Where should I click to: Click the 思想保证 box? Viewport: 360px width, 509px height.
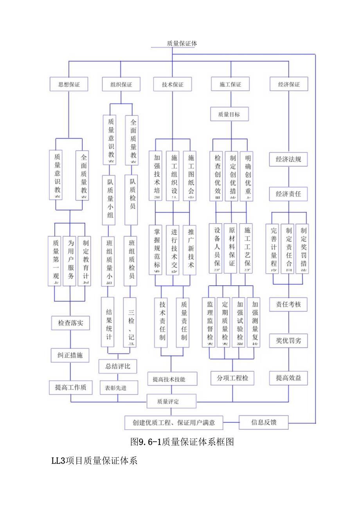click(x=68, y=84)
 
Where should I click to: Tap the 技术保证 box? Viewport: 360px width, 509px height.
click(x=172, y=84)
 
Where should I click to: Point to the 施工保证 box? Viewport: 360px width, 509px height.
click(x=230, y=84)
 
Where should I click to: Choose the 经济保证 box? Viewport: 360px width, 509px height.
click(x=289, y=84)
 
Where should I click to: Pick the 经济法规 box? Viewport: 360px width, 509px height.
click(x=288, y=159)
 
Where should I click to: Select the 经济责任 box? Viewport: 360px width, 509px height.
click(x=288, y=193)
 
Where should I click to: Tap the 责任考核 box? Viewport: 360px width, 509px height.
click(x=288, y=304)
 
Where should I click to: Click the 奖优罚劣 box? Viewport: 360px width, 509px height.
click(x=288, y=341)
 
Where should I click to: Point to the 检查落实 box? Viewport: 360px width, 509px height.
click(x=71, y=323)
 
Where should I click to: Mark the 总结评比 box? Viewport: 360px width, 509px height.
click(x=118, y=367)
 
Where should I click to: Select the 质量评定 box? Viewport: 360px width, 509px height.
click(x=171, y=401)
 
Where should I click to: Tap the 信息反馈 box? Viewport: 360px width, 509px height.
click(x=264, y=422)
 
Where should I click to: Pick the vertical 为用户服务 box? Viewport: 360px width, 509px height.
click(x=70, y=261)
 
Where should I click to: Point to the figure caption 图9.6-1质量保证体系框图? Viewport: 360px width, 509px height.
click(x=182, y=442)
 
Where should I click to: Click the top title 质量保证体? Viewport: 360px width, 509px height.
click(x=182, y=43)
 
